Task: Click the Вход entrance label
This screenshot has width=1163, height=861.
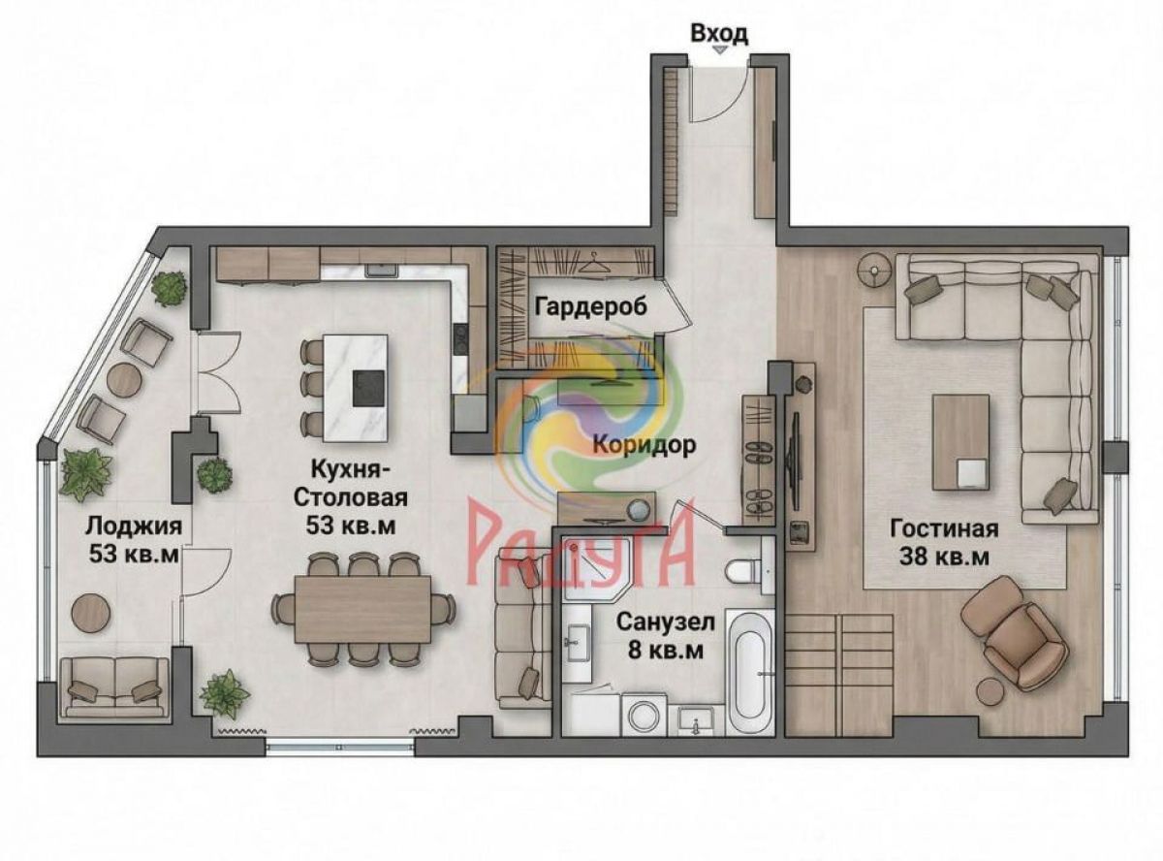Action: pyautogui.click(x=719, y=34)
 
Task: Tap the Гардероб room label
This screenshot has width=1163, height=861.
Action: pyautogui.click(x=591, y=307)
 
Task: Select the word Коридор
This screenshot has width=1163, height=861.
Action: pyautogui.click(x=644, y=445)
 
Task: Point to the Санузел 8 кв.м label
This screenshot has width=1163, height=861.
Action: pyautogui.click(x=666, y=636)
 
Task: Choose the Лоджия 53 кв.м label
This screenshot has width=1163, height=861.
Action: pyautogui.click(x=134, y=539)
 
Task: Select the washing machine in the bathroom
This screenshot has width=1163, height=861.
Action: pyautogui.click(x=644, y=715)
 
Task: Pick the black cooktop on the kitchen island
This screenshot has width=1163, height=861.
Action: pyautogui.click(x=370, y=387)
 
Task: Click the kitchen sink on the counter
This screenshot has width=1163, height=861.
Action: pyautogui.click(x=381, y=270)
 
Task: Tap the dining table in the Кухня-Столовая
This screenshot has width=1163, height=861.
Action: pyautogui.click(x=362, y=609)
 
